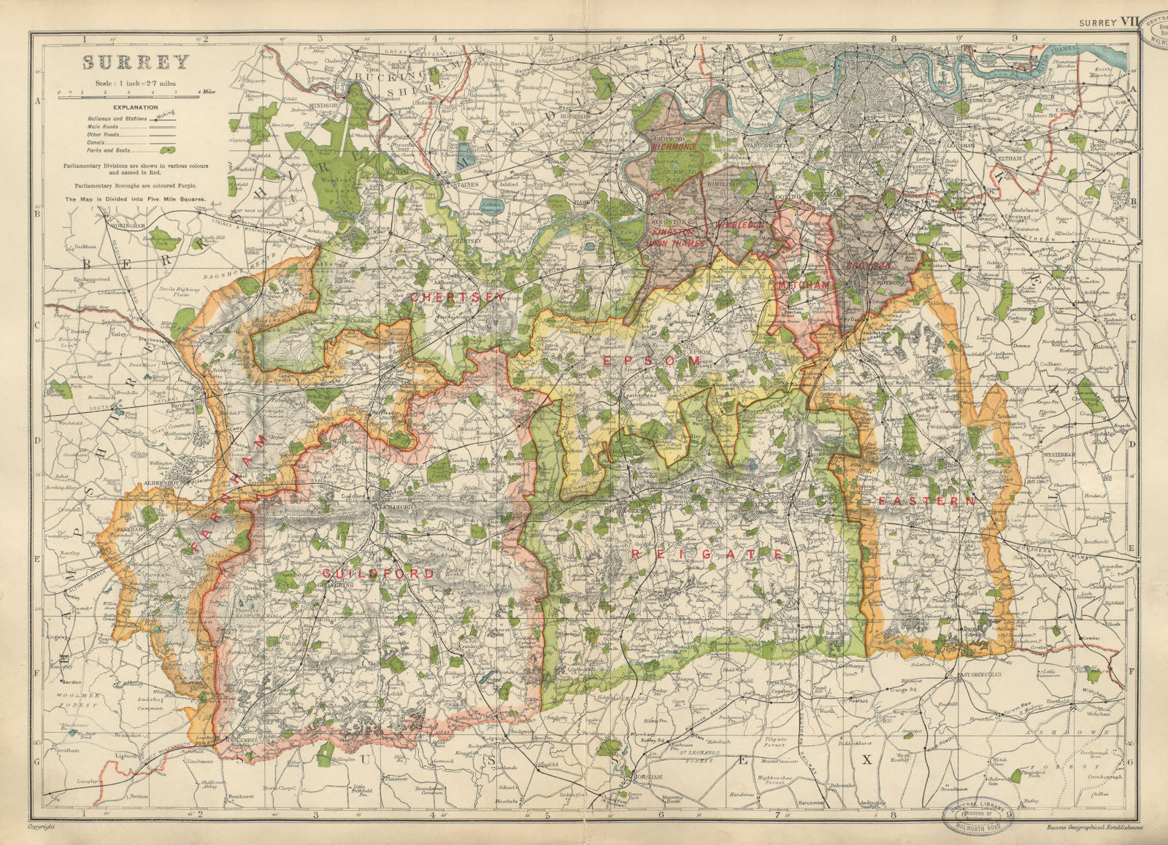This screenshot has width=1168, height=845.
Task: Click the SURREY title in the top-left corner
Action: click(135, 61)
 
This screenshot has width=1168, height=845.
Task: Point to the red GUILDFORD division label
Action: click(378, 574)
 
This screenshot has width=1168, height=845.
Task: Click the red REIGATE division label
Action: click(707, 555)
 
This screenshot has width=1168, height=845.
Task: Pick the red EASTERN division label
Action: click(926, 502)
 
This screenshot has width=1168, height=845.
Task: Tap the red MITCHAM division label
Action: click(804, 286)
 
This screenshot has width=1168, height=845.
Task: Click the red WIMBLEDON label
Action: click(742, 225)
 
